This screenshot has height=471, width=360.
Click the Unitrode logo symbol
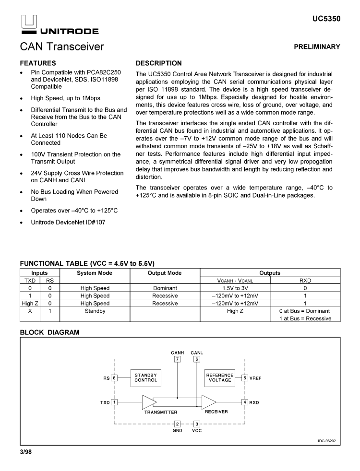[29, 21]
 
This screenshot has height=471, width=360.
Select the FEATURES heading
[38, 63]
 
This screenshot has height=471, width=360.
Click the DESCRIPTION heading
[159, 63]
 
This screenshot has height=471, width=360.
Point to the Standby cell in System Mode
[95, 311]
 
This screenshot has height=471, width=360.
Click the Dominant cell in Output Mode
[165, 288]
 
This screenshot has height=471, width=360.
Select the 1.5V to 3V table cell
[235, 288]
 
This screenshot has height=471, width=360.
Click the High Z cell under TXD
[30, 303]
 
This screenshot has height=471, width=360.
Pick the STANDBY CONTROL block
[145, 377]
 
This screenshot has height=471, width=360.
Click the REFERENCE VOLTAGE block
[220, 377]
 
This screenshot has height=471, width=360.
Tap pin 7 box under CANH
[177, 359]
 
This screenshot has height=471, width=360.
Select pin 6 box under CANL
[196, 359]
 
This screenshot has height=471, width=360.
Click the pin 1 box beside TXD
[114, 402]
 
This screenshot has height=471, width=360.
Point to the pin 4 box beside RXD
[245, 402]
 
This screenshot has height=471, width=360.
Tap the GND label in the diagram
[177, 431]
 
